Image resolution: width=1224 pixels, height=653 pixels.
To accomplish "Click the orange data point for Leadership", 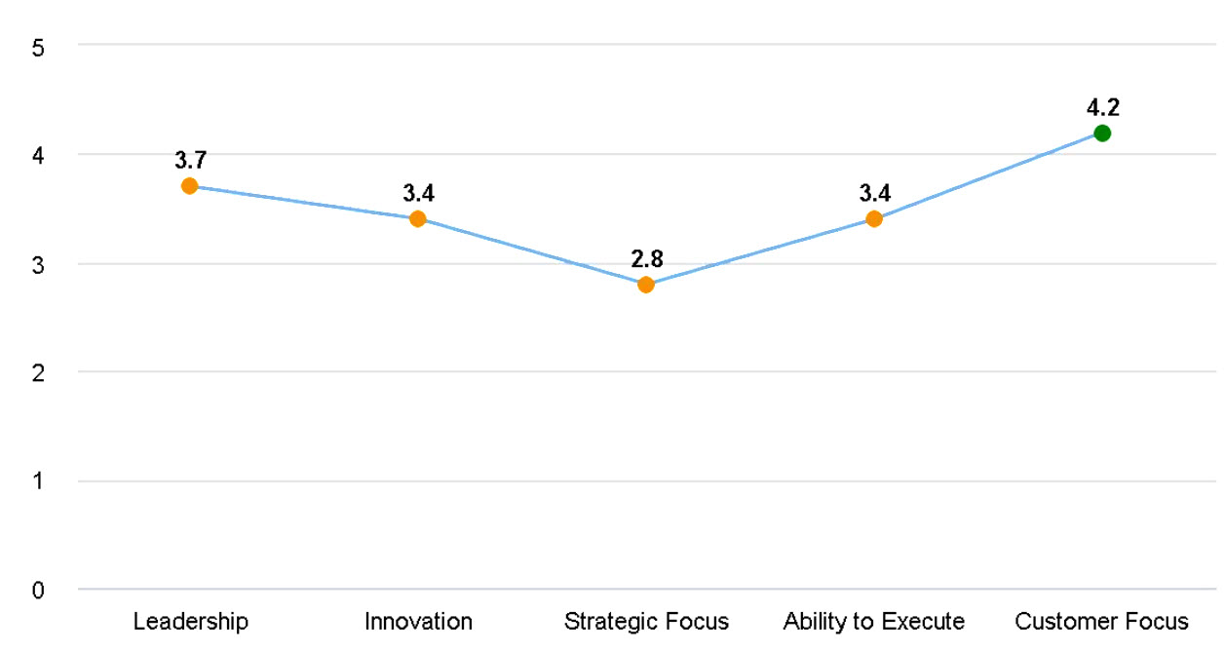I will click(x=190, y=186).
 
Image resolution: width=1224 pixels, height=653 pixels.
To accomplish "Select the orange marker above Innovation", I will click(x=418, y=219).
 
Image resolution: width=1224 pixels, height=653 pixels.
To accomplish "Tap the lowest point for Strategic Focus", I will click(x=646, y=285).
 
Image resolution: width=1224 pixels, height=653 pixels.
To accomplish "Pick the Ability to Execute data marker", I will click(x=874, y=219).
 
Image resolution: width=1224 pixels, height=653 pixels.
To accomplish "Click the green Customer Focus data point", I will click(x=1102, y=133).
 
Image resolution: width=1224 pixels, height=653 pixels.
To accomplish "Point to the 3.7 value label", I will click(x=190, y=160).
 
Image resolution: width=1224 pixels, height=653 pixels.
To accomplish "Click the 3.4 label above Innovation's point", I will click(x=418, y=193).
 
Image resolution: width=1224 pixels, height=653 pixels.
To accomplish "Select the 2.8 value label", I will click(x=647, y=259).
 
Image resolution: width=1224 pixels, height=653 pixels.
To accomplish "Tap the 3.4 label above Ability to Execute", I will click(x=874, y=193).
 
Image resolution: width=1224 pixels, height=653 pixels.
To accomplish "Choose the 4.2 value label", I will click(x=1102, y=107).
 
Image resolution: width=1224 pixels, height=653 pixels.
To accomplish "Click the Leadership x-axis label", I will click(x=191, y=622).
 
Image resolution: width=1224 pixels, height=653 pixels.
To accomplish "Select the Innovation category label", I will click(x=418, y=622).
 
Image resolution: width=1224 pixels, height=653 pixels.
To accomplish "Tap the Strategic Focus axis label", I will click(x=646, y=622).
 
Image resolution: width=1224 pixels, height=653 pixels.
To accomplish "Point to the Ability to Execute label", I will click(x=874, y=622).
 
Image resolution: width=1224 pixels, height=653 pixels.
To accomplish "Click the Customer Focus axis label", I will click(x=1102, y=622).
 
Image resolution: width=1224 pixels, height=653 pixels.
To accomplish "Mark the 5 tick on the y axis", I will click(x=38, y=47).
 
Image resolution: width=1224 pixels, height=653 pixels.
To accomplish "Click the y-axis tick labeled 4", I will click(x=38, y=155).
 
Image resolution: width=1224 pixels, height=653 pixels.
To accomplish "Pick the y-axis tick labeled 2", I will click(x=38, y=372).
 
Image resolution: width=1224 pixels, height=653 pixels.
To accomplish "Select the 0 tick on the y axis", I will click(x=38, y=591).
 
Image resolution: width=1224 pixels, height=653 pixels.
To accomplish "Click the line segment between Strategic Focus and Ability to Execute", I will click(x=760, y=252).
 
